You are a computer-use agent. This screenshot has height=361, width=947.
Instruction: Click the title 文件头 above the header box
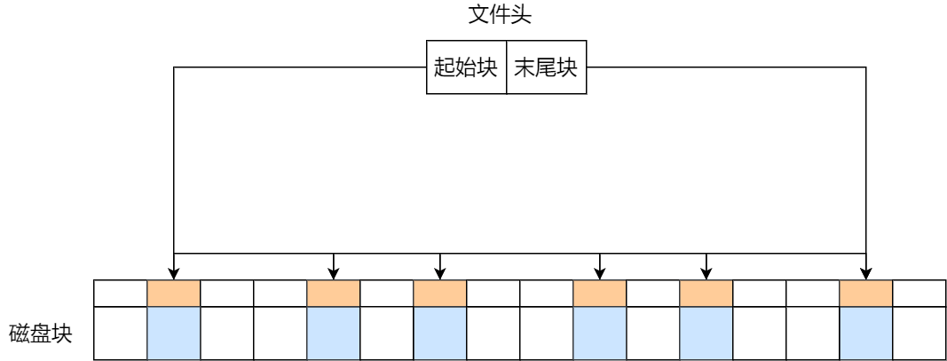tap(500, 15)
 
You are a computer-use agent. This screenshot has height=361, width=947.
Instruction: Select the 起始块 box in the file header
tap(466, 67)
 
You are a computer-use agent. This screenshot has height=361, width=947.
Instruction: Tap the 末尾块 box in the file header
tap(546, 67)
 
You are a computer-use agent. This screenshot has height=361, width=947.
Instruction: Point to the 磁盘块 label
tap(40, 334)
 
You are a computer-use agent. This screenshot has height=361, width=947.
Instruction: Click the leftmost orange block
tap(173, 294)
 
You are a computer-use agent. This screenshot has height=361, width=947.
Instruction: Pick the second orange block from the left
tap(333, 294)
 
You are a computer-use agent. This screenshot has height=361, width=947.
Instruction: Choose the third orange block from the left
tap(439, 294)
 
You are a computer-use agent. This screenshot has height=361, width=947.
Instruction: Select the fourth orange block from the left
tap(599, 294)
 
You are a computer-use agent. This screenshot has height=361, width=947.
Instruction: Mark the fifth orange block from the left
tap(706, 294)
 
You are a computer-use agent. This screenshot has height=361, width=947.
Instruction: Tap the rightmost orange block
tap(865, 294)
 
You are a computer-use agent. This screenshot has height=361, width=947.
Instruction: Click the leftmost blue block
tap(173, 334)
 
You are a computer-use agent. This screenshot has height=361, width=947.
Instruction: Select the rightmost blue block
tap(865, 334)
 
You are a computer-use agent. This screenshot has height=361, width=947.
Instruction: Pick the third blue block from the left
tap(439, 334)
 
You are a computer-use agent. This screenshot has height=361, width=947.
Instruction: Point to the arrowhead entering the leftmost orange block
tap(173, 274)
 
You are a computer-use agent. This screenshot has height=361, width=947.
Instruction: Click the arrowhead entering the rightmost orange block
tap(865, 274)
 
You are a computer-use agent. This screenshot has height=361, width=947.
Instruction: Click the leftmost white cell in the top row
tap(120, 294)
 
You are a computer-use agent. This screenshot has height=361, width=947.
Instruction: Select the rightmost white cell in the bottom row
tap(919, 334)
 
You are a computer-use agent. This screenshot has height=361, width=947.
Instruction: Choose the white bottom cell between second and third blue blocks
tap(386, 334)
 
